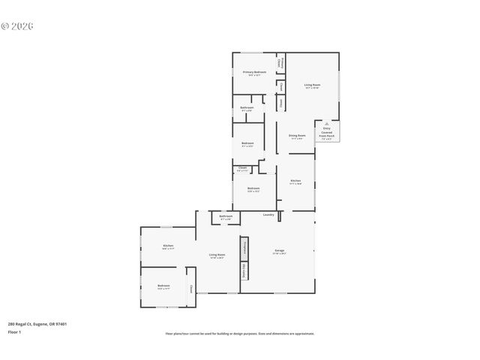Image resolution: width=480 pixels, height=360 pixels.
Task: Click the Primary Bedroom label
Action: (254, 73)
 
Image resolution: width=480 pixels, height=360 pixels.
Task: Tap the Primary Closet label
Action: (281, 63)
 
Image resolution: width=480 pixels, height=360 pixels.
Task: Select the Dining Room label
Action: (296, 136)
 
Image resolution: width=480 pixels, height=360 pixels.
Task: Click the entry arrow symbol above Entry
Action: (326, 124)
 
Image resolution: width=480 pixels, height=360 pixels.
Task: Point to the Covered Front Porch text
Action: (326, 134)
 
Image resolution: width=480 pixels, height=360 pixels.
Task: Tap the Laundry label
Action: (268, 215)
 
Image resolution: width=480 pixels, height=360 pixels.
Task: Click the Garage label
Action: (279, 251)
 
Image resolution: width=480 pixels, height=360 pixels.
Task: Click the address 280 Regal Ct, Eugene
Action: (37, 324)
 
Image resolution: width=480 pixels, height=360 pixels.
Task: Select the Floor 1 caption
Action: (14, 331)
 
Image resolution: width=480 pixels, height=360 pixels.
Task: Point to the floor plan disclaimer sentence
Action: (240, 334)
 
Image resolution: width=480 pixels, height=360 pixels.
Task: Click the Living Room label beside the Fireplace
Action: (217, 256)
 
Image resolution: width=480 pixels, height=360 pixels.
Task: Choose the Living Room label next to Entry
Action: (312, 85)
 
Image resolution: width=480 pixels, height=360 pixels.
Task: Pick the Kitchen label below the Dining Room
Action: (296, 181)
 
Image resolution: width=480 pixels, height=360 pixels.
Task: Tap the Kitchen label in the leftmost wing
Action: (169, 247)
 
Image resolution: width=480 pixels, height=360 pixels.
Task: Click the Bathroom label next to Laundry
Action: (226, 217)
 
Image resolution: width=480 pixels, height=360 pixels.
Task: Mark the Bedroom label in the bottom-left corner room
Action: (163, 286)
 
